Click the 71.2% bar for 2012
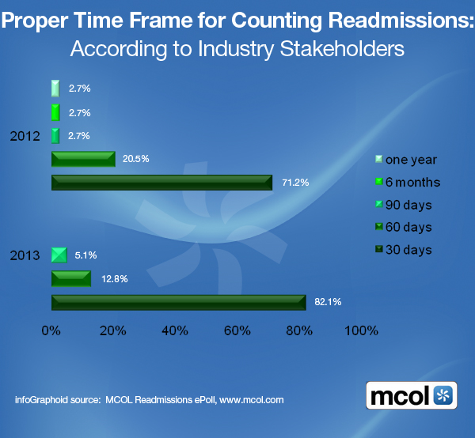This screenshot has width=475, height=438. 161,183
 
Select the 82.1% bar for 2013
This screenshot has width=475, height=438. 178,302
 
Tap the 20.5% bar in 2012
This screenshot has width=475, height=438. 83,159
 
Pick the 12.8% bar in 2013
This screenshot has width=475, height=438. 71,278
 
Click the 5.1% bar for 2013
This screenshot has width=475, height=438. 59,255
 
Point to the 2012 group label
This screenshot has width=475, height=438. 25,136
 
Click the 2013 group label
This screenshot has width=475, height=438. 25,255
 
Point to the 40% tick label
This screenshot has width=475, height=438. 176,330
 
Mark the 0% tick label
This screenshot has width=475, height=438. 51,330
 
